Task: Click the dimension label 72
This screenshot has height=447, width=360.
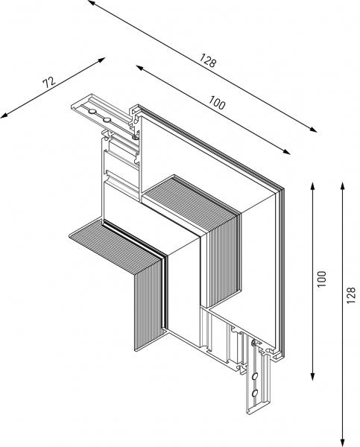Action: click(x=49, y=83)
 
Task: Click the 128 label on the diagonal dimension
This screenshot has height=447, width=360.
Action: click(x=208, y=61)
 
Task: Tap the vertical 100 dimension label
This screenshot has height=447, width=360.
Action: click(x=321, y=279)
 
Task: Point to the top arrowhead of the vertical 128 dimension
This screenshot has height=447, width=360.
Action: click(x=341, y=182)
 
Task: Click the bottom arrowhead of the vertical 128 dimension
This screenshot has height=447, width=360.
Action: click(x=341, y=441)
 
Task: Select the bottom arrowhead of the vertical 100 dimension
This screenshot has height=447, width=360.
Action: click(x=312, y=379)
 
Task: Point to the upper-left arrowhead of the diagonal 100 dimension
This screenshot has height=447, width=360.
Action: click(x=139, y=68)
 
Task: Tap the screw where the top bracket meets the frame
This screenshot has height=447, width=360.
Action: click(x=135, y=136)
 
